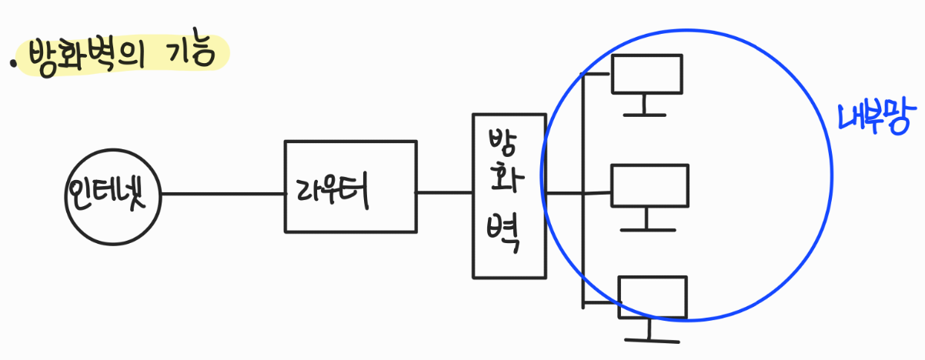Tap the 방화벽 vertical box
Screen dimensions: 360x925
(x=509, y=195)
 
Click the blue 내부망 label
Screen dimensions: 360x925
(x=873, y=119)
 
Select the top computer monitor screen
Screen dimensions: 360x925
(x=646, y=74)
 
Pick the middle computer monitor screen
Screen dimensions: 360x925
(x=650, y=186)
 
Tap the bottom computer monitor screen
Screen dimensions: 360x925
(x=652, y=297)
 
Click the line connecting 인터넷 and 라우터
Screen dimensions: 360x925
(x=223, y=194)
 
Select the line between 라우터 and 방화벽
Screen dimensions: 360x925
(x=445, y=193)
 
